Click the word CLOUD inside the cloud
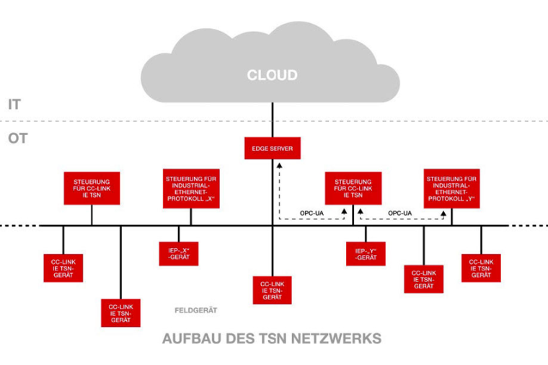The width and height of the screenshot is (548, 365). point(272,75)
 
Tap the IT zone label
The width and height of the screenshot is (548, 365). point(14,105)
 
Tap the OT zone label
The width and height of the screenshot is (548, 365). point(17,138)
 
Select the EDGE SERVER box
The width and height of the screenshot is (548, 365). point(273,149)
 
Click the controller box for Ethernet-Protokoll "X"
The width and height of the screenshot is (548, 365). point(191,189)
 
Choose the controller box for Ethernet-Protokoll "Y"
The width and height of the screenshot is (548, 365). point(451,189)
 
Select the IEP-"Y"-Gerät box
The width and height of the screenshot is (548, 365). point(366,253)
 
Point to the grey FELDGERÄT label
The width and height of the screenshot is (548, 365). point(196,310)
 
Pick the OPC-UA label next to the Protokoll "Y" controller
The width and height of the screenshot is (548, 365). point(399,213)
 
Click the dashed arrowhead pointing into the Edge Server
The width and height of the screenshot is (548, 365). point(279,164)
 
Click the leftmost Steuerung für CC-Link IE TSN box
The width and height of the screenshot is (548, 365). point(92,189)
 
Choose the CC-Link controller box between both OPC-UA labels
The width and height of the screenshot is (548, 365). point(353,189)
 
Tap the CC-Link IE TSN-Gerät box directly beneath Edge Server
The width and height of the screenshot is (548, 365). point(273,289)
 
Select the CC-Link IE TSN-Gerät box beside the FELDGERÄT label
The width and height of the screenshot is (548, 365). point(120,312)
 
